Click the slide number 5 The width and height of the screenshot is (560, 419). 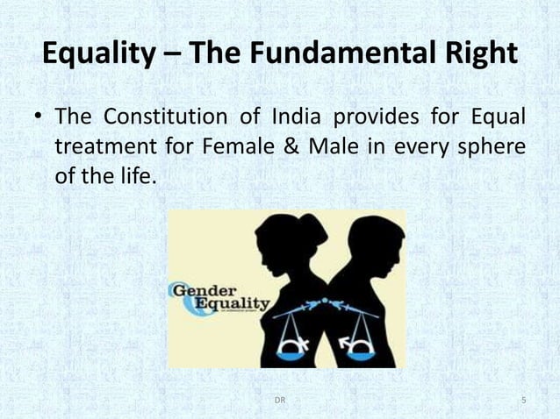tap(523, 401)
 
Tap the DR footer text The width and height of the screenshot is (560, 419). tap(279, 401)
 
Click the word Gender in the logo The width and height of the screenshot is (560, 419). tap(205, 291)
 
